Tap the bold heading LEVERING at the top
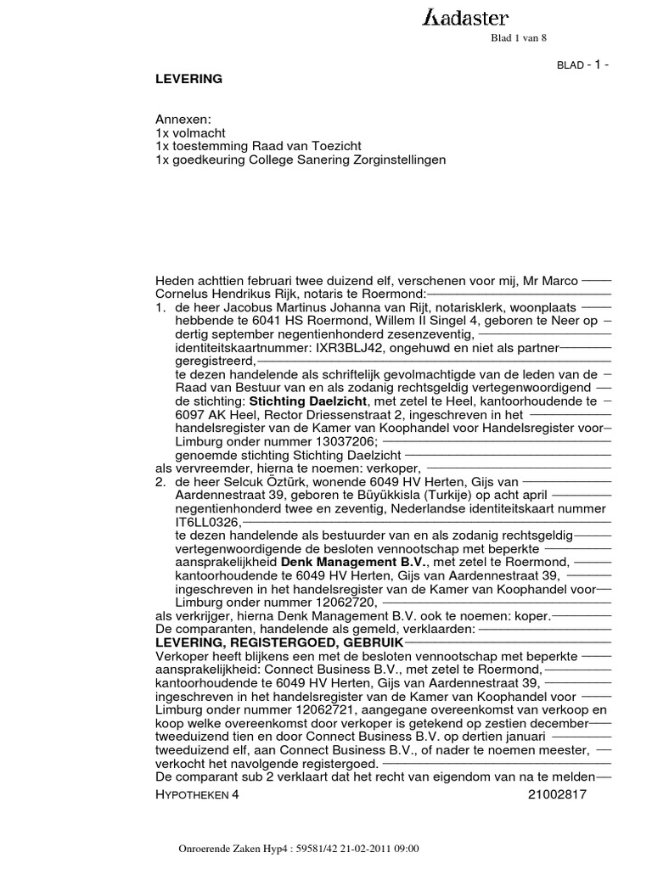[188, 79]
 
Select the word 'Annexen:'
[183, 120]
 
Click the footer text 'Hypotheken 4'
[199, 794]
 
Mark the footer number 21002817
[556, 794]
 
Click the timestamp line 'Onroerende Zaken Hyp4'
[301, 849]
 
